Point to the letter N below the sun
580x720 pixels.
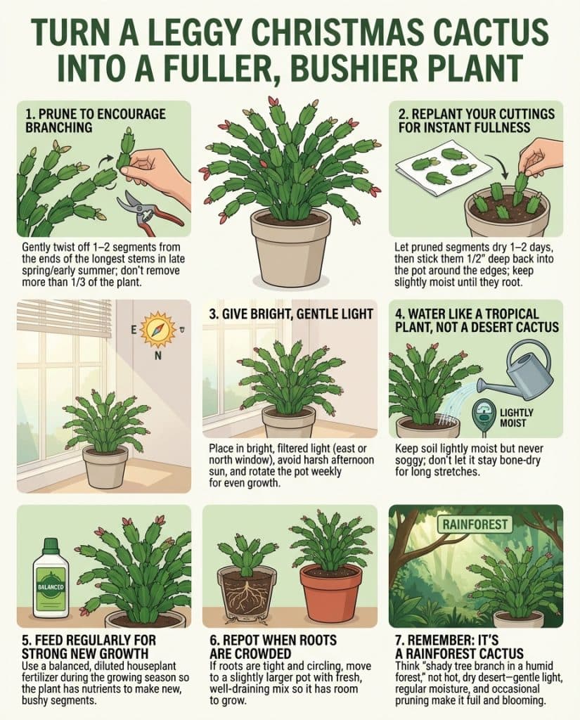click(157, 355)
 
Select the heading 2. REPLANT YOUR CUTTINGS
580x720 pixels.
click(477, 120)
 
